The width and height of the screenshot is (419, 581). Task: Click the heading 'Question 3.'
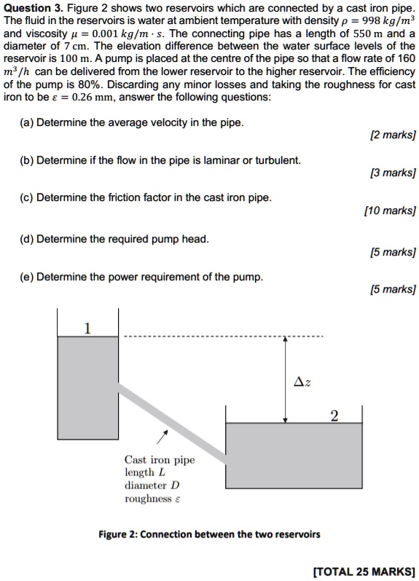pyautogui.click(x=31, y=7)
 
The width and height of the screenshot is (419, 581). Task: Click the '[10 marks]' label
pyautogui.click(x=390, y=211)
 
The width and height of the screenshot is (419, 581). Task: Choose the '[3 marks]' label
pyautogui.click(x=392, y=173)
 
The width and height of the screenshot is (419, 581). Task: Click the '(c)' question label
pyautogui.click(x=27, y=197)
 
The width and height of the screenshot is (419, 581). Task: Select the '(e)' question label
pyautogui.click(x=27, y=277)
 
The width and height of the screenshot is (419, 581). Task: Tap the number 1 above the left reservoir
pyautogui.click(x=87, y=328)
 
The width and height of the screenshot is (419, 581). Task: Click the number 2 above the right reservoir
pyautogui.click(x=334, y=416)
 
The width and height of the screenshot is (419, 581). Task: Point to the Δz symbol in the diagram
pyautogui.click(x=300, y=382)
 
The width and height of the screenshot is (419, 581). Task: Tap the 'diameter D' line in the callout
pyautogui.click(x=152, y=485)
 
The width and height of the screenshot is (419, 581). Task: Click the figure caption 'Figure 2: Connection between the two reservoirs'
pyautogui.click(x=209, y=534)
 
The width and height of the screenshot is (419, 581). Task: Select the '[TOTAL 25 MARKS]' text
pyautogui.click(x=363, y=571)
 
